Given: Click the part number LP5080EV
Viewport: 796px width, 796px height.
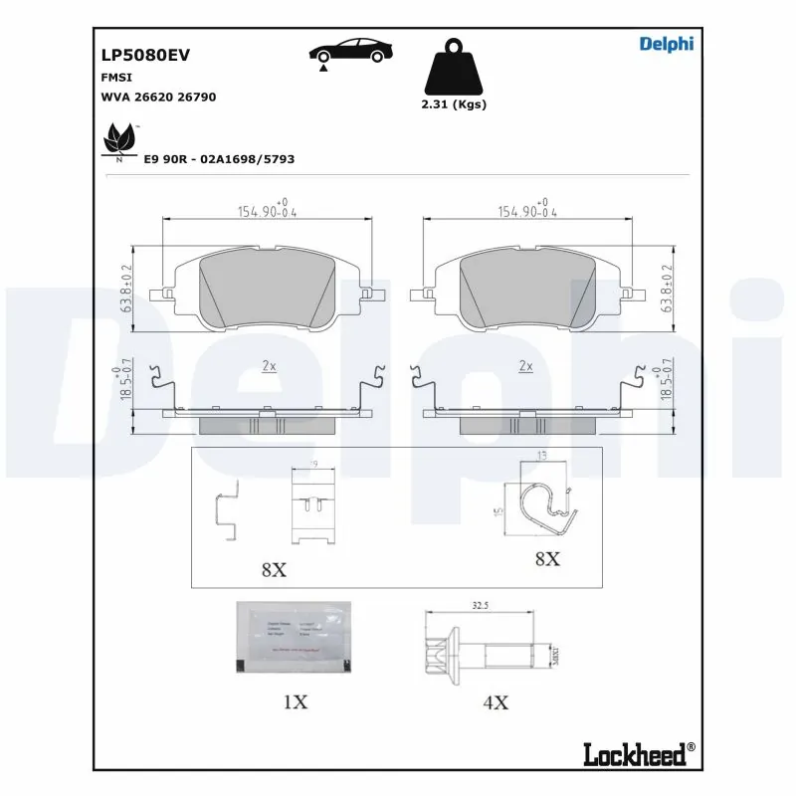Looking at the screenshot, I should click(145, 57).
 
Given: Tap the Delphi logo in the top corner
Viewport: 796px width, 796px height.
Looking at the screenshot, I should click(666, 43).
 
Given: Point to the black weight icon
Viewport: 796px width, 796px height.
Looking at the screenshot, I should click(455, 67).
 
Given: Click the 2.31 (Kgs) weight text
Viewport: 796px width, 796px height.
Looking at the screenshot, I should click(455, 104).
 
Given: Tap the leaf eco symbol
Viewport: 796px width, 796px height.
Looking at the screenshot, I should click(120, 139).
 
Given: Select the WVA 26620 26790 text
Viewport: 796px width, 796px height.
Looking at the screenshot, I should click(159, 98).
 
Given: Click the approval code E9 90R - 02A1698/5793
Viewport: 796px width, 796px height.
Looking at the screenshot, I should click(219, 159).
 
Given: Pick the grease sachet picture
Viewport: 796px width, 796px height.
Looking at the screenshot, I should click(294, 638).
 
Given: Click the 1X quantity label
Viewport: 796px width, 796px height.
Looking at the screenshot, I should click(295, 702).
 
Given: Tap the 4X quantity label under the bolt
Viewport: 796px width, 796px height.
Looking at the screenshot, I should click(496, 702).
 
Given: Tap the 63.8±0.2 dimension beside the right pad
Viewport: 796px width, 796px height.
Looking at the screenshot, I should click(668, 288).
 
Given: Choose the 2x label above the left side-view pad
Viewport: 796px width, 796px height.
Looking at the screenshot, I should click(268, 366).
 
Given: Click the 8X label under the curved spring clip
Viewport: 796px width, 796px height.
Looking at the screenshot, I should click(547, 559).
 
